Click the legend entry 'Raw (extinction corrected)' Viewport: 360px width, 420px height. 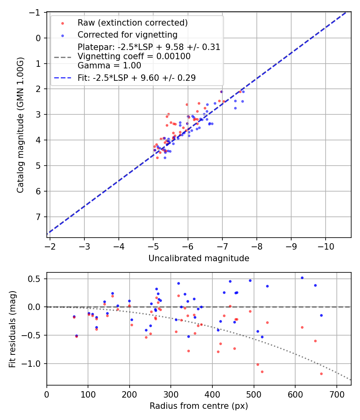tap(132, 22)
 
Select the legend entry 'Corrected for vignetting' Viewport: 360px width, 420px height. tap(128, 34)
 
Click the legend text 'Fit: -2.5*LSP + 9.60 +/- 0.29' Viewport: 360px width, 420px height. tap(137, 78)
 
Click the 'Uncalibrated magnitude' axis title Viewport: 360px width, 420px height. tap(199, 258)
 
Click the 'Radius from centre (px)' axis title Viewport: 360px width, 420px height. tap(199, 406)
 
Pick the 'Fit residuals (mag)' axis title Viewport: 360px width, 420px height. tap(12, 329)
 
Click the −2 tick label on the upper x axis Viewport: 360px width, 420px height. tap(50, 244)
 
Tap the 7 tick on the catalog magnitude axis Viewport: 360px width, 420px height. tap(39, 217)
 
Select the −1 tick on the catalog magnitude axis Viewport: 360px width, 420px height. tap(36, 12)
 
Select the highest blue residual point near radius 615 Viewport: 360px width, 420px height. tap(302, 278)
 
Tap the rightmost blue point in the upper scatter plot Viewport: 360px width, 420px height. tap(243, 92)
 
